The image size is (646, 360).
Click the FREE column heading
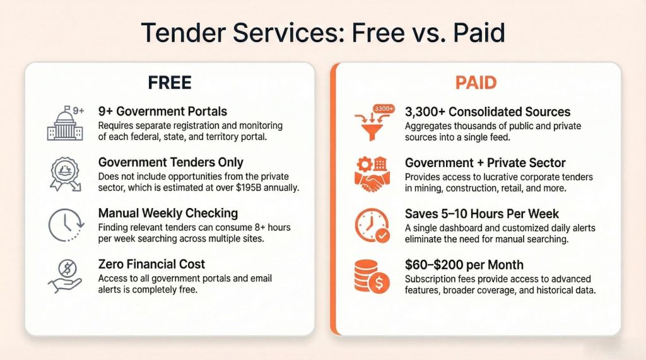click(170, 83)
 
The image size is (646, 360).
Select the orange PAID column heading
click(476, 83)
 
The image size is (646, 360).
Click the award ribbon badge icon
click(65, 172)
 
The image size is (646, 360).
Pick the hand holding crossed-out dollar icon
click(65, 275)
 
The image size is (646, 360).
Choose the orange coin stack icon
click(372, 275)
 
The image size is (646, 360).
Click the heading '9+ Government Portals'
click(163, 112)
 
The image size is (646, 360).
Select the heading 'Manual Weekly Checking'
click(167, 213)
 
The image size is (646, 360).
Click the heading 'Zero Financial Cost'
click(152, 264)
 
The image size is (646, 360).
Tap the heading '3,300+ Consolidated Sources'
click(488, 112)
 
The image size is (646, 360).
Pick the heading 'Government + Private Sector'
click(485, 163)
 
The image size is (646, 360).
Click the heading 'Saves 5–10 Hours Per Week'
click(482, 214)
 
